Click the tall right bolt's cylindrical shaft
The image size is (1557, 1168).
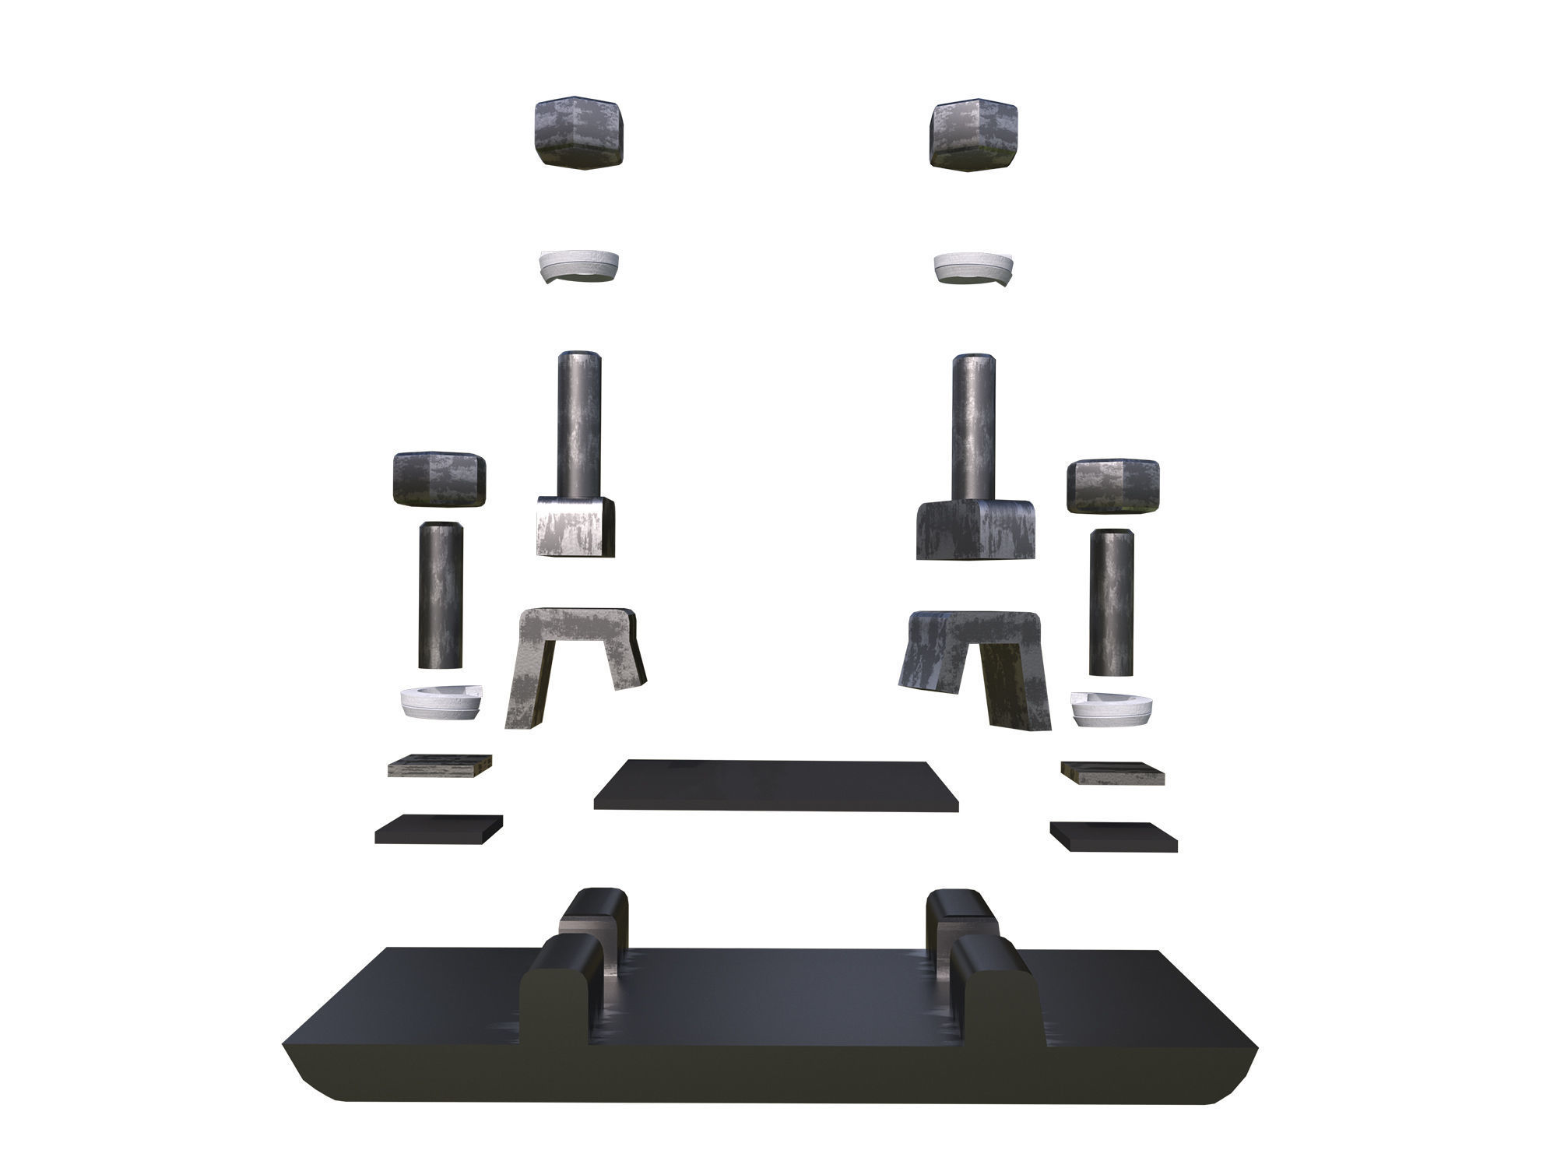[975, 425]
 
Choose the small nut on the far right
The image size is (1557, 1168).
[1114, 486]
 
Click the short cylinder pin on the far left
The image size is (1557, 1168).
[441, 596]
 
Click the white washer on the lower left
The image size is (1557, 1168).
[441, 702]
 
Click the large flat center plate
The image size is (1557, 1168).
[777, 785]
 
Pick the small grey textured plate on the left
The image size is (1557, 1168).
[440, 765]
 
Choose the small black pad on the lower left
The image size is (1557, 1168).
[438, 829]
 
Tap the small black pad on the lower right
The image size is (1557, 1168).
[1113, 835]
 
